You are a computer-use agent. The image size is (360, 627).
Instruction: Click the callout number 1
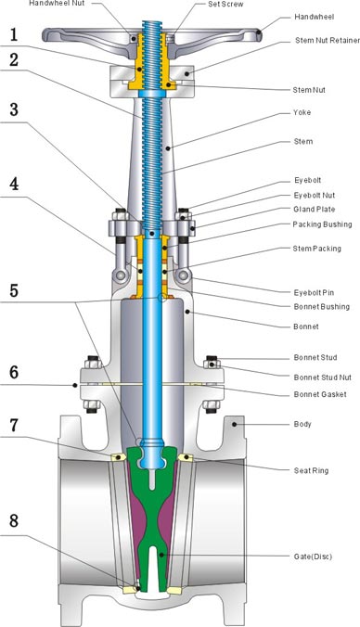13,35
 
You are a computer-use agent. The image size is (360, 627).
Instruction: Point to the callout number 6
13,370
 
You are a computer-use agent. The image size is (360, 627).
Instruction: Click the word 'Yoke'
302,113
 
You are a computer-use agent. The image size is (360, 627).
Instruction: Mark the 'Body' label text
302,424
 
